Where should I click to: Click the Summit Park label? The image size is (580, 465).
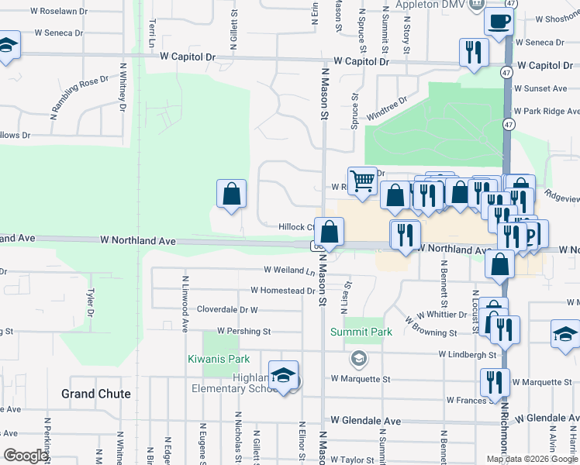click(x=361, y=332)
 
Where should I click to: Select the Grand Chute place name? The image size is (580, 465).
click(x=96, y=394)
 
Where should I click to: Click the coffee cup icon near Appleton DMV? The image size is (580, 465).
click(x=499, y=22)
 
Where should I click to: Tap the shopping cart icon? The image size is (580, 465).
click(x=362, y=181)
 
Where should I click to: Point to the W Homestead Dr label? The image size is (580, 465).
click(x=283, y=291)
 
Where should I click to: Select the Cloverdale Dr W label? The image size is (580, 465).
click(x=226, y=308)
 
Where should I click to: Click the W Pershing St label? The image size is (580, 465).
click(x=243, y=331)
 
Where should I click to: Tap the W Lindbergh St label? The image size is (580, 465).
click(x=467, y=354)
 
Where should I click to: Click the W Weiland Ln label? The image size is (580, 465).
click(x=289, y=270)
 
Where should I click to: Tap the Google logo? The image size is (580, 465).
click(x=25, y=456)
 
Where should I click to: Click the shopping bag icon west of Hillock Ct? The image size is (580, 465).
click(x=231, y=195)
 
